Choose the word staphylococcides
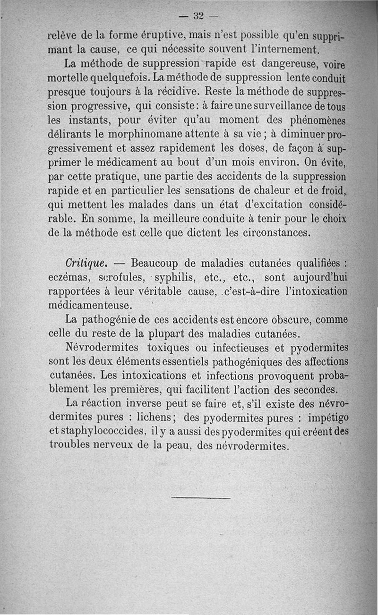coord(120,432)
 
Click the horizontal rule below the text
coord(201,498)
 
